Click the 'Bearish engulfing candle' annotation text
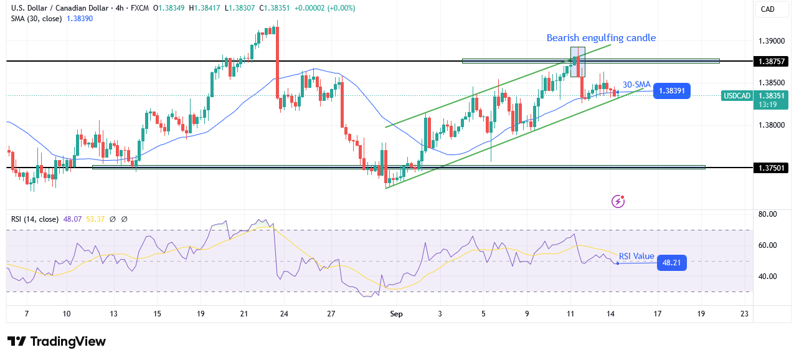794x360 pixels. point(601,38)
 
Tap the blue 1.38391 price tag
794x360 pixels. point(671,90)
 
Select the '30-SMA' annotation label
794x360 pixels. point(636,84)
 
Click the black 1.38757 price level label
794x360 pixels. point(772,61)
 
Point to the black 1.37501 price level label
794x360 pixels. point(772,168)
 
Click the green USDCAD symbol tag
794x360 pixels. point(737,95)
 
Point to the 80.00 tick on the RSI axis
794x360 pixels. point(768,214)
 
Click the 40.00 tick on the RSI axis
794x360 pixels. point(768,277)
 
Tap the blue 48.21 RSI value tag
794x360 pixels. point(671,263)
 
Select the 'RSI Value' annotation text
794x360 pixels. point(636,256)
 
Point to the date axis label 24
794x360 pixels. point(283,315)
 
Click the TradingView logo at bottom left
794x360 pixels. point(57,341)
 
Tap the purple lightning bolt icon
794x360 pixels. point(618,201)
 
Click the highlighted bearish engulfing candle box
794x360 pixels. point(578,62)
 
